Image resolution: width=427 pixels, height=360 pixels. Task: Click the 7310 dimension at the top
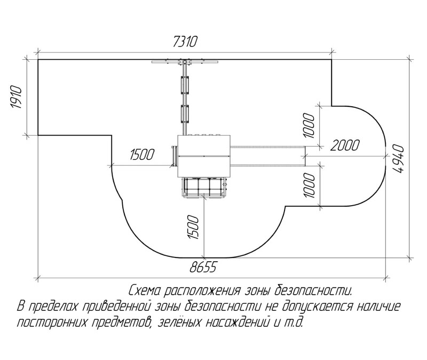185,42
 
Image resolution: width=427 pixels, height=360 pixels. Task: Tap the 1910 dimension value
16,97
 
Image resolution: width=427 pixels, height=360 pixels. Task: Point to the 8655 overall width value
203,267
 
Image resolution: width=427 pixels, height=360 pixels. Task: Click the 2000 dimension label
345,145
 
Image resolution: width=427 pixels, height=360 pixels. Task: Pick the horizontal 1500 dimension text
142,154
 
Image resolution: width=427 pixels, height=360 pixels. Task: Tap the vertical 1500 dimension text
193,228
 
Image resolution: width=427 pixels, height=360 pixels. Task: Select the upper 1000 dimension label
309,126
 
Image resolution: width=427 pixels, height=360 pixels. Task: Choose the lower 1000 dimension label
309,185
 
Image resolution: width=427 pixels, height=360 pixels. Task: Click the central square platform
204,156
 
